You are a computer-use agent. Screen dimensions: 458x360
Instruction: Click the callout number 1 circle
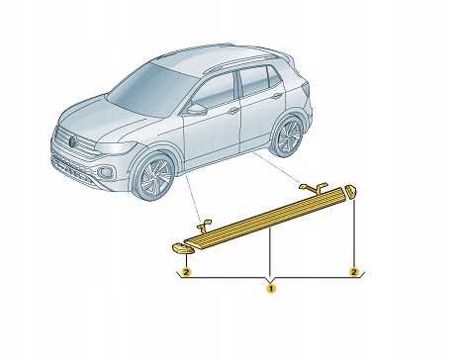point(271,289)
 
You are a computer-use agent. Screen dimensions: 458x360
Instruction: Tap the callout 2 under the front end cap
point(187,272)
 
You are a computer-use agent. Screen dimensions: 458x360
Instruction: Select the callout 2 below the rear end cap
point(354,272)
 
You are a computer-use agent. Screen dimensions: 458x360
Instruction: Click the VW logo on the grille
point(73,141)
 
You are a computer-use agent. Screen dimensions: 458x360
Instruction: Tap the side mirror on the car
point(196,110)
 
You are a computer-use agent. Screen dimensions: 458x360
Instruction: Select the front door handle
point(233,111)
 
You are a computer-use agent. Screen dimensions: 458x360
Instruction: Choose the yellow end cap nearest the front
point(183,249)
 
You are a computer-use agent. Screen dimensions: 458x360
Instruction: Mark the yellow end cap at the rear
point(350,192)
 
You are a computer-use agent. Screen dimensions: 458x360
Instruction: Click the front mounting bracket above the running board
point(204,225)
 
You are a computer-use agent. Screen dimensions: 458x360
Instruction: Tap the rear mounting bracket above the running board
point(314,187)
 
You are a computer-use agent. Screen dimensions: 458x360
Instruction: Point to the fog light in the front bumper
point(106,172)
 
